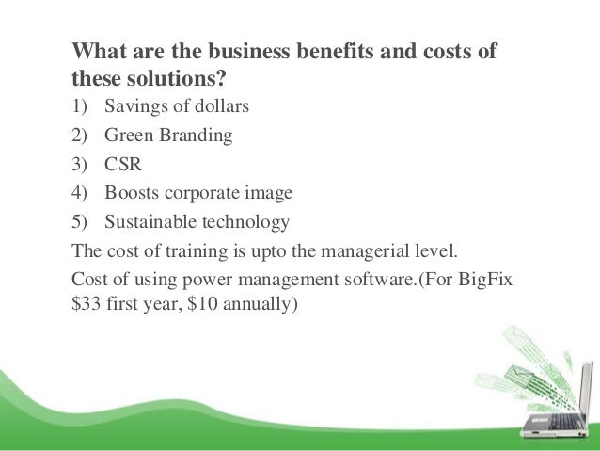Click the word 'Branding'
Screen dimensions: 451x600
point(196,135)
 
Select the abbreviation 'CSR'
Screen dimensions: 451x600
point(124,164)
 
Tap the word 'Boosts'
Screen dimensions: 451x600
point(132,193)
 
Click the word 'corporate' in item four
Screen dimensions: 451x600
point(200,194)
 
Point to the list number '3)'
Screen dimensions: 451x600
point(81,164)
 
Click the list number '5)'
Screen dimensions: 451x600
point(81,222)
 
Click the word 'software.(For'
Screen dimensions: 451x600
point(389,281)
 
